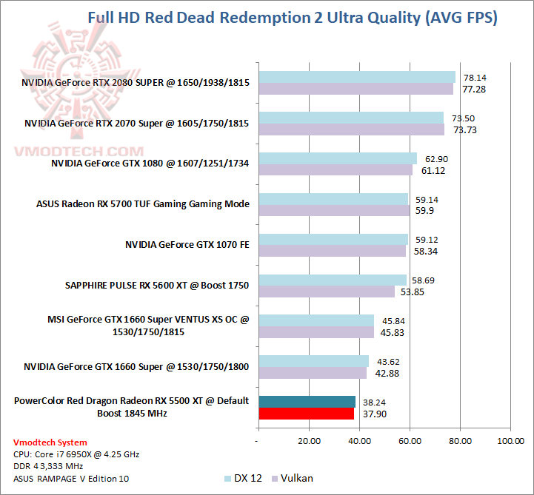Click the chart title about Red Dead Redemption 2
pyautogui.click(x=293, y=18)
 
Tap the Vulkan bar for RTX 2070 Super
pyautogui.click(x=351, y=129)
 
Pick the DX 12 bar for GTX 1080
pyautogui.click(x=338, y=158)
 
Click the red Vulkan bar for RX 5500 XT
pyautogui.click(x=307, y=414)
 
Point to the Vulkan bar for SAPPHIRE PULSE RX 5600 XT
pyautogui.click(x=327, y=292)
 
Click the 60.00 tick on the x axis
pyautogui.click(x=410, y=441)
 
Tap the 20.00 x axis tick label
pyautogui.click(x=309, y=441)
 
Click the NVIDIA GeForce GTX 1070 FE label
pyautogui.click(x=187, y=244)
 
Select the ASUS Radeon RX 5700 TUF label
pyautogui.click(x=143, y=203)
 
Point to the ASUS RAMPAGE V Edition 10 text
pyautogui.click(x=65, y=478)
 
